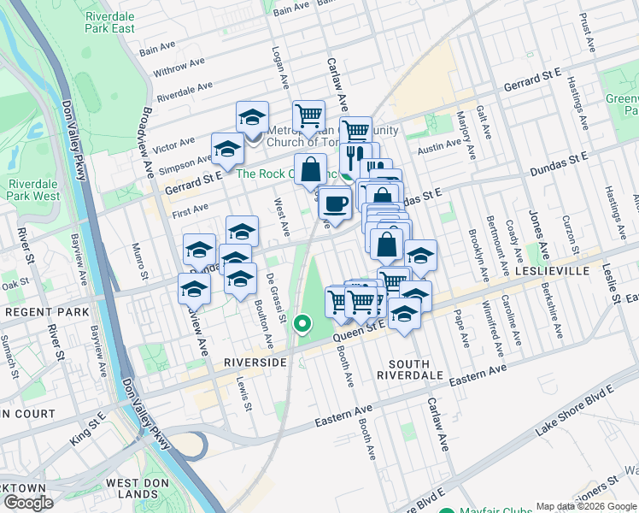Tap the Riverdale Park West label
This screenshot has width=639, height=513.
(34, 190)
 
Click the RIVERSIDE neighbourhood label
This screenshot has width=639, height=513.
(255, 363)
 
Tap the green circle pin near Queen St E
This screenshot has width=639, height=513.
(302, 323)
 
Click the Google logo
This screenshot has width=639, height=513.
(28, 503)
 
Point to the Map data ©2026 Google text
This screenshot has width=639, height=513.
(586, 506)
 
